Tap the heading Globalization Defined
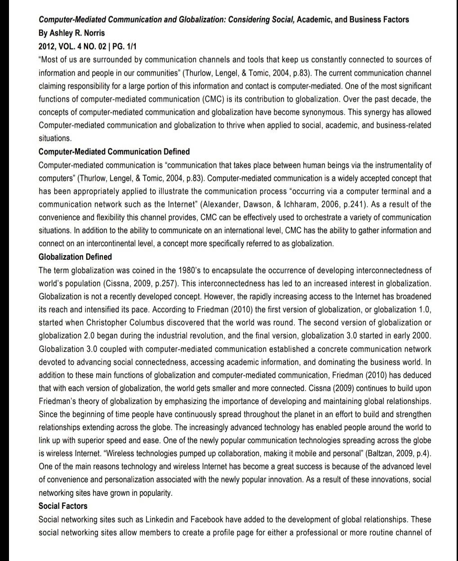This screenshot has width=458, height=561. (75, 257)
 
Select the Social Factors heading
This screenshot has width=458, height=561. (63, 506)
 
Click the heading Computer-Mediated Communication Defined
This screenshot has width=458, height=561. (114, 151)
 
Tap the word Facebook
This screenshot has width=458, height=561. (206, 519)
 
